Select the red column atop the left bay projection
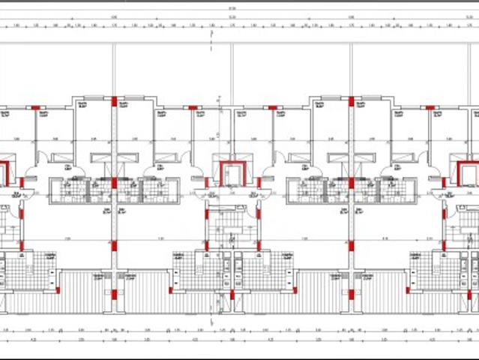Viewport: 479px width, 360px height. pos(114,101)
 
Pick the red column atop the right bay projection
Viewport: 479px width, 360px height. pos(350,101)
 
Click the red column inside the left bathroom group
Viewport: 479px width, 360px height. pos(114,182)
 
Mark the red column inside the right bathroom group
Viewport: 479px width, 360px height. pos(350,182)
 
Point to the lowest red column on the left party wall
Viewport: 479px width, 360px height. pos(114,294)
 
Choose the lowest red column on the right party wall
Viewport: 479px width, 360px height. pos(350,294)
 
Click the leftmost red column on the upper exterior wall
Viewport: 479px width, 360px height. pos(35,108)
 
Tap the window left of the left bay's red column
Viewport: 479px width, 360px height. pos(94,97)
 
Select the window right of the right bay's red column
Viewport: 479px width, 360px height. pos(370,97)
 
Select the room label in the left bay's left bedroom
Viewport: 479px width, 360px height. pos(84,105)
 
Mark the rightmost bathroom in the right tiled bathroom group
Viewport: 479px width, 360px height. pos(394,190)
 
